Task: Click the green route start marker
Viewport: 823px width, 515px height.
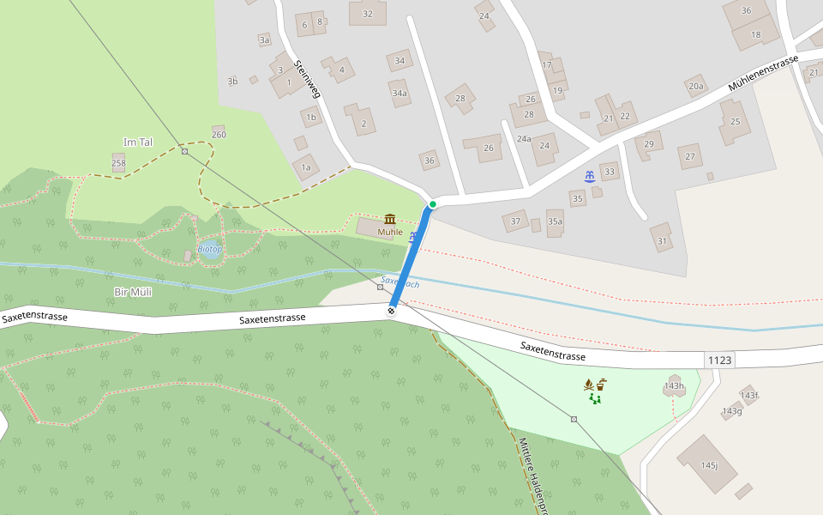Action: [x=433, y=204]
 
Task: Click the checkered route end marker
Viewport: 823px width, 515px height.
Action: [x=392, y=311]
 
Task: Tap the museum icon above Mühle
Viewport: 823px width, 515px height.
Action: [x=390, y=219]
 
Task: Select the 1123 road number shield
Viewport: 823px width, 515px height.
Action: [x=720, y=360]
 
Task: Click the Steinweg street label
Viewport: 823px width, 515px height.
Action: [x=306, y=78]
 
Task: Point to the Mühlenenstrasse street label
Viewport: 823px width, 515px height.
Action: [x=763, y=73]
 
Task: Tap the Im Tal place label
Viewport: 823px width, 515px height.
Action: [x=138, y=142]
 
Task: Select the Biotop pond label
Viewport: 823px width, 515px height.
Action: [x=210, y=249]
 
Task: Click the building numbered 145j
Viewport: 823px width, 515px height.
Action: [x=707, y=463]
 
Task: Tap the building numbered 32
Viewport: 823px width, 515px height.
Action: [x=368, y=13]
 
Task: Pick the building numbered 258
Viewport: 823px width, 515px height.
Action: [x=118, y=162]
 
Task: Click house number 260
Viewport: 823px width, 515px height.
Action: [x=219, y=134]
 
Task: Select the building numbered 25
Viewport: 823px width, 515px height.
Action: [x=735, y=121]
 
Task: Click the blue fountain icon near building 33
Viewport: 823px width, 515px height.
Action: [x=590, y=177]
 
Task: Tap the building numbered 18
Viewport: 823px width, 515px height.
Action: [x=755, y=34]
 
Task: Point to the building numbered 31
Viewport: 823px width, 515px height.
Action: [x=661, y=239]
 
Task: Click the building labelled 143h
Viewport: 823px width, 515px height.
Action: [x=674, y=385]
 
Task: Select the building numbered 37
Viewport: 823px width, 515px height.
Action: [x=515, y=221]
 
